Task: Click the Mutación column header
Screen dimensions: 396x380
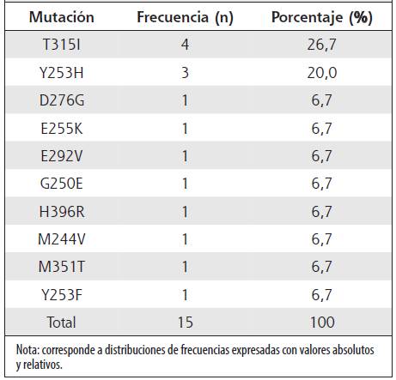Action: click(x=62, y=17)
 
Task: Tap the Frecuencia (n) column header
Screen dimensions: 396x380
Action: click(x=185, y=17)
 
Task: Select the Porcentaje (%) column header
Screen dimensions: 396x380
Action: click(x=322, y=17)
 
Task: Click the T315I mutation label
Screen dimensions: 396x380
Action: click(x=62, y=45)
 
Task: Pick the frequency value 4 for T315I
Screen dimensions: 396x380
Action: click(x=185, y=45)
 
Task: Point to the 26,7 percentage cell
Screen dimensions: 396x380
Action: click(x=321, y=45)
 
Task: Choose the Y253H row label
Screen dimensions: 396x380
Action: click(x=62, y=73)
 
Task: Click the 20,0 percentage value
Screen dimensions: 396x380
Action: click(x=322, y=73)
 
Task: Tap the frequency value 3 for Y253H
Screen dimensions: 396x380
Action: click(x=185, y=73)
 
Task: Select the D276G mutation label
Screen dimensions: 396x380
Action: click(x=62, y=100)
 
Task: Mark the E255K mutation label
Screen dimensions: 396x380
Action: click(x=62, y=129)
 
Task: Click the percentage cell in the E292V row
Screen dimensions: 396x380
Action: click(x=321, y=156)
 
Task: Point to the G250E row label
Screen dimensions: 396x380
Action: click(x=62, y=184)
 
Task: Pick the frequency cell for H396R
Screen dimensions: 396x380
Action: click(x=185, y=212)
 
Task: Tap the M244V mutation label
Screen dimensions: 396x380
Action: click(x=62, y=239)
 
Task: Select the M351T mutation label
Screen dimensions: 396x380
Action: click(x=62, y=267)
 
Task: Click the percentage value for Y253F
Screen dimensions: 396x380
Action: click(x=321, y=295)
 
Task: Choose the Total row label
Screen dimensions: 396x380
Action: click(x=62, y=323)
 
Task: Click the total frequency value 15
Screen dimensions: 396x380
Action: click(x=185, y=323)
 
